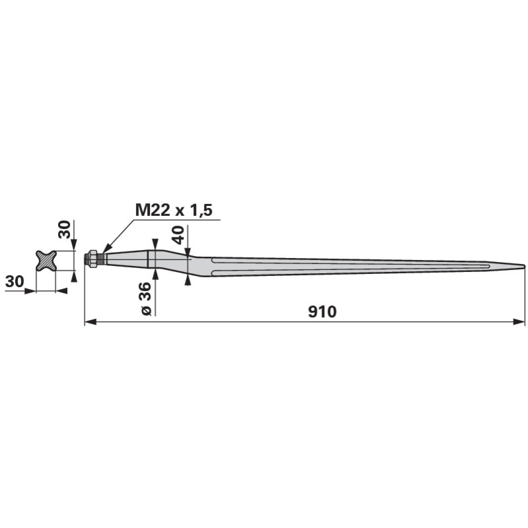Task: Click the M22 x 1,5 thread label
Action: click(x=174, y=210)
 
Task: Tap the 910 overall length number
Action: click(x=322, y=312)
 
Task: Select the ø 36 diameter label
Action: click(x=147, y=299)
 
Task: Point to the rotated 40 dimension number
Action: click(x=178, y=235)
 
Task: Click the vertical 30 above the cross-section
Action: click(x=65, y=229)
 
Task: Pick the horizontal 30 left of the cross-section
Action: click(x=15, y=281)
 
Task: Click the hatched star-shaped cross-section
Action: click(x=46, y=260)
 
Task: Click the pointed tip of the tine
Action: click(x=524, y=266)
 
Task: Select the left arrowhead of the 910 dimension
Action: click(x=90, y=322)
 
